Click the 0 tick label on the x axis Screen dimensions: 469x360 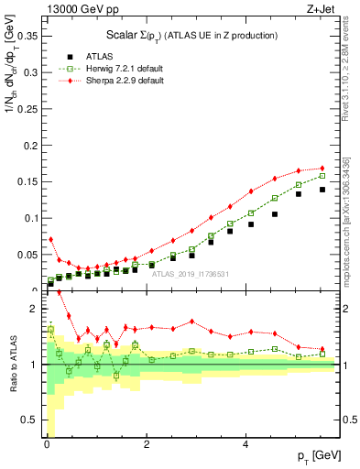(x=47, y=444)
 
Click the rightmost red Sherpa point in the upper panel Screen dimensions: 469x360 (x=322, y=169)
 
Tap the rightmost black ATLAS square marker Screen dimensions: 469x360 (x=322, y=190)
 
